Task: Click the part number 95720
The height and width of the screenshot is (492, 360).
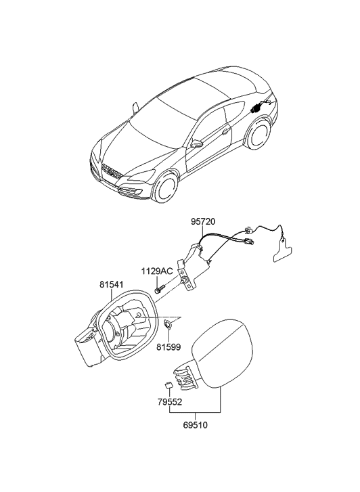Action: click(x=203, y=221)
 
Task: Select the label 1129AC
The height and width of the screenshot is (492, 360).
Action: click(x=157, y=271)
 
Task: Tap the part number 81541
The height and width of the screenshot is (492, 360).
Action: click(x=112, y=285)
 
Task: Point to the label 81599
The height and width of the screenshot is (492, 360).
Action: click(x=169, y=347)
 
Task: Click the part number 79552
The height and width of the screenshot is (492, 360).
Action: click(x=169, y=402)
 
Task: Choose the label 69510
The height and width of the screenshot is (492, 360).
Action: click(x=195, y=425)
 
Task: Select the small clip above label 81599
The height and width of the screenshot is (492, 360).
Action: click(x=168, y=325)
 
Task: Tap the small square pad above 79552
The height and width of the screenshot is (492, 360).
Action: click(x=169, y=385)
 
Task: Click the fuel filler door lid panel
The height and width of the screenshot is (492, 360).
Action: click(x=222, y=353)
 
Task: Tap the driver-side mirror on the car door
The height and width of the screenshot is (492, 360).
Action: click(x=197, y=143)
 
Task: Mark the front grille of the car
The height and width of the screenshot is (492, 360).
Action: click(x=112, y=172)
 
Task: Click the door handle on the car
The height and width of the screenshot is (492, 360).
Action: click(x=225, y=131)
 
